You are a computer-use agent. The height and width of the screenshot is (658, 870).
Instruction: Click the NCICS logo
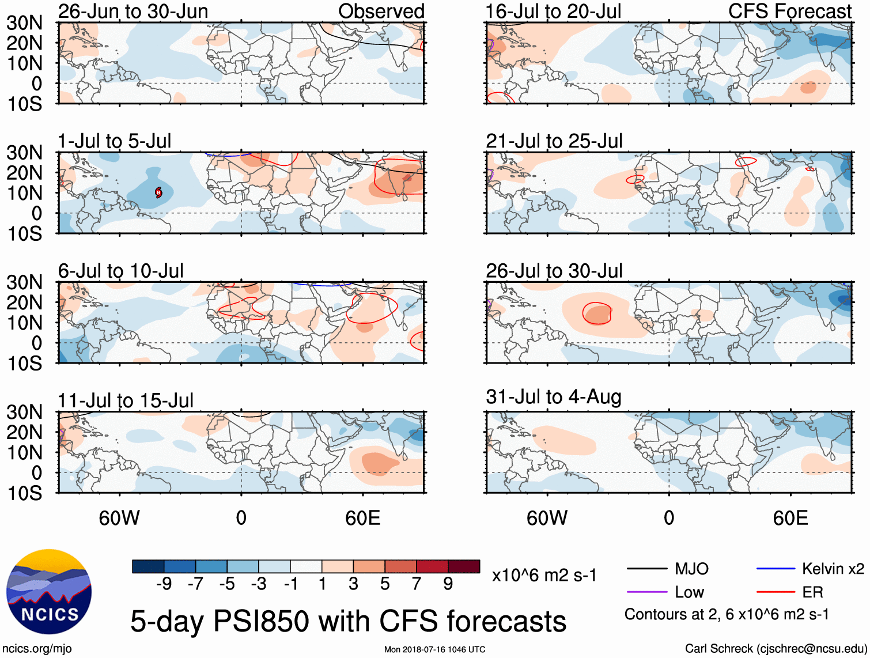tap(49, 592)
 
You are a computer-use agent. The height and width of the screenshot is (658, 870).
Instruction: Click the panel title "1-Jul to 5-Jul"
tap(115, 141)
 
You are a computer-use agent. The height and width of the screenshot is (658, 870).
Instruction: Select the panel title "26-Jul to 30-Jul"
tap(554, 271)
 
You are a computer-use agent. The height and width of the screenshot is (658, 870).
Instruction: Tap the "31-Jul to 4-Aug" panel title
tap(553, 397)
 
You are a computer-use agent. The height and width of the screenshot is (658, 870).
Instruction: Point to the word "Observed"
tap(381, 11)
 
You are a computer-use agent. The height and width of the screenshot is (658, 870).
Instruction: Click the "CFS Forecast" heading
tap(789, 11)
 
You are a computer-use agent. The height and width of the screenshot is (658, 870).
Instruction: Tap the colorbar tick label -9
tap(164, 584)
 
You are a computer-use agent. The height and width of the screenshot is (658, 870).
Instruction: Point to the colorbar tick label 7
tap(417, 584)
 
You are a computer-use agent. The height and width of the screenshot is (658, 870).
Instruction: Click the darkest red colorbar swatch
tap(464, 566)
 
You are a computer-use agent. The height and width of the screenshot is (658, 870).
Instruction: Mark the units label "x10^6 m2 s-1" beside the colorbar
tap(544, 576)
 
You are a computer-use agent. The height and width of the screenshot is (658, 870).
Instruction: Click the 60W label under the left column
tap(119, 518)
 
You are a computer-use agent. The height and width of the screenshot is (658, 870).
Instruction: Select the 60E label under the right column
tap(790, 518)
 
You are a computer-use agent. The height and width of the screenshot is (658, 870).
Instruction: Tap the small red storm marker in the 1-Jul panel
tap(158, 192)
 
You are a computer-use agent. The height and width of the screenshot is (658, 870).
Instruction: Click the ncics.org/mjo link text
tap(37, 649)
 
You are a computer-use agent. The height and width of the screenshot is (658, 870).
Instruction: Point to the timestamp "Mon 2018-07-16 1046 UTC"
tap(434, 649)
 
